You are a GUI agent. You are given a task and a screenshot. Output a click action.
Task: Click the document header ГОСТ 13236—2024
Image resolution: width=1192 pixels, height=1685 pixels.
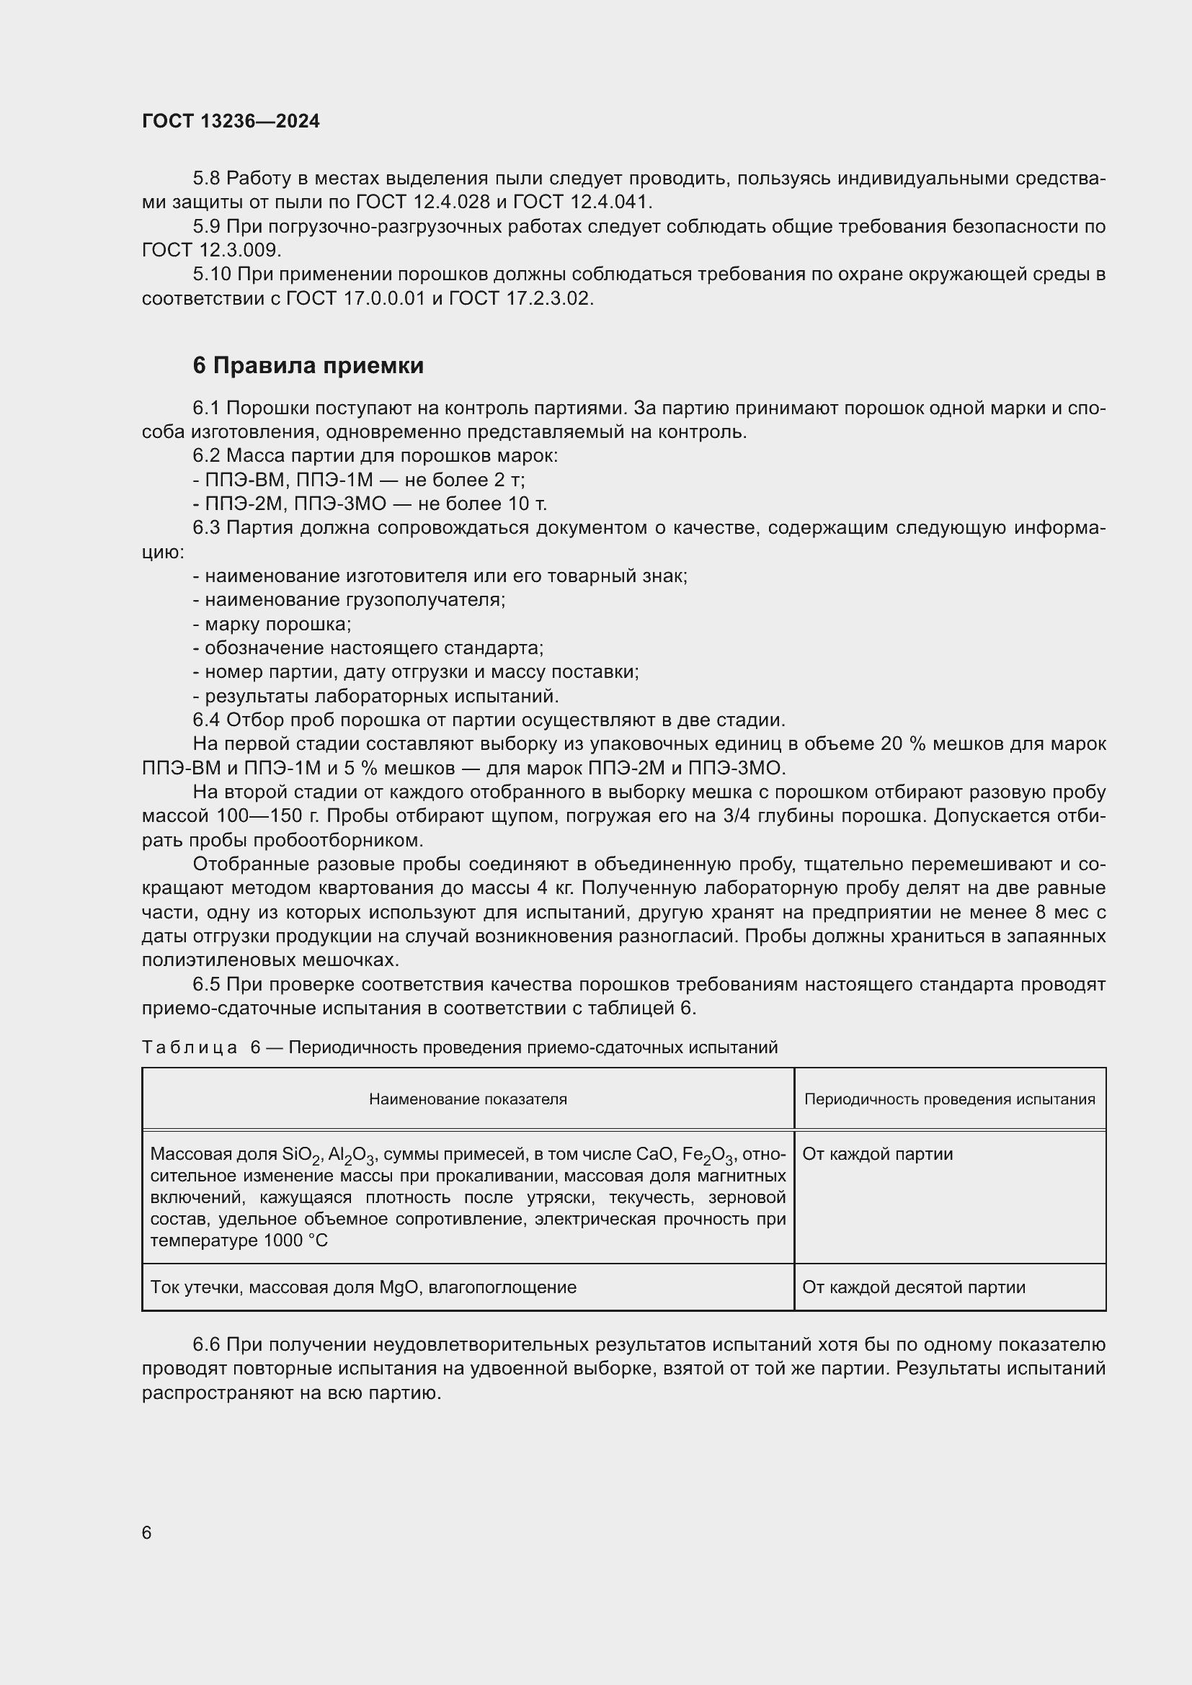tap(231, 122)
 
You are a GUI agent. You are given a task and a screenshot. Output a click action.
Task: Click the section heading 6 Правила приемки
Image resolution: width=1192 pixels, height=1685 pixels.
tap(308, 365)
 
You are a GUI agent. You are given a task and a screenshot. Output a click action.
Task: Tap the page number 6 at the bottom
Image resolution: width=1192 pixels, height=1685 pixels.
tap(147, 1532)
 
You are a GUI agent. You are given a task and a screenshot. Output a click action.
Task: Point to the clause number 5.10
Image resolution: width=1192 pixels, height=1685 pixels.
tap(211, 274)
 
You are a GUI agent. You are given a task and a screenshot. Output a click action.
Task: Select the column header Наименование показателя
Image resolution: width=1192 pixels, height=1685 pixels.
tap(468, 1099)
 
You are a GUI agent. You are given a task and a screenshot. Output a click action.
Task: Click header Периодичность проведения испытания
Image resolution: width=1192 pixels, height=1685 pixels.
tap(949, 1099)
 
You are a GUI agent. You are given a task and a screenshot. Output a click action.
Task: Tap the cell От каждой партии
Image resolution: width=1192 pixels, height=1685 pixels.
tap(877, 1153)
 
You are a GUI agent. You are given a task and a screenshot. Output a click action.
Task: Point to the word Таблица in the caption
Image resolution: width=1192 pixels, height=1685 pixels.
tap(190, 1047)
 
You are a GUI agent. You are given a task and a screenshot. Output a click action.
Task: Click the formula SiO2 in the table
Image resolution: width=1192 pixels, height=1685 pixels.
tap(301, 1155)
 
